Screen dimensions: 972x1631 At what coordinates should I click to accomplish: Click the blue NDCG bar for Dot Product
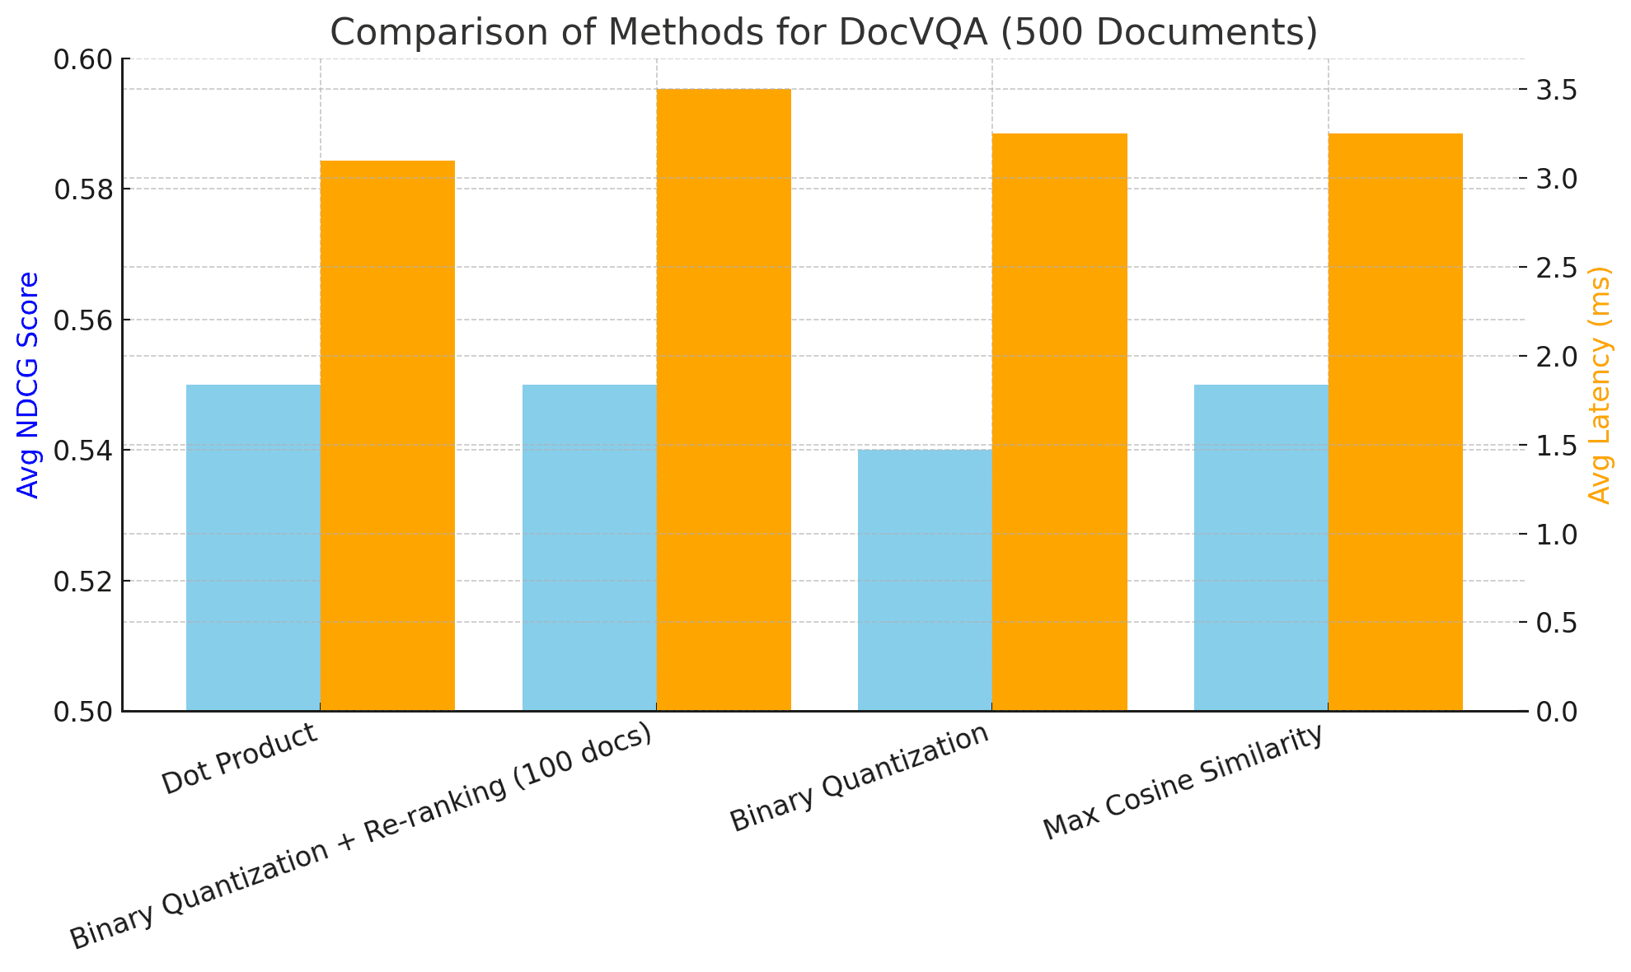tap(253, 548)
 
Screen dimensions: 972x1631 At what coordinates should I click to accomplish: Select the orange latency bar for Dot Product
tap(387, 436)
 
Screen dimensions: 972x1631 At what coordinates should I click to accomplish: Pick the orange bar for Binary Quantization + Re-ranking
tap(724, 400)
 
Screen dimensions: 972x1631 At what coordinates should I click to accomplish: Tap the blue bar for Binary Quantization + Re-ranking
tap(589, 548)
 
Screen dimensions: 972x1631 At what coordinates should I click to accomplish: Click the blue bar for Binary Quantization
tap(925, 580)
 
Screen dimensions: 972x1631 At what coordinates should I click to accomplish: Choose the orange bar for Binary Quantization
tap(1059, 422)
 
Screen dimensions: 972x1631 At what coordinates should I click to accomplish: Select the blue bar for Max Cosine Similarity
tap(1261, 548)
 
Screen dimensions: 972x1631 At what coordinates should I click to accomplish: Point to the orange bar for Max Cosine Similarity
tap(1395, 422)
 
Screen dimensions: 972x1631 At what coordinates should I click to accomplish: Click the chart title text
tap(823, 33)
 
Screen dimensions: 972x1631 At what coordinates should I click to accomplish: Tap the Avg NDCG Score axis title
tap(29, 385)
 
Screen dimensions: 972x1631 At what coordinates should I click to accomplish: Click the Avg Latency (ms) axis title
tap(1599, 385)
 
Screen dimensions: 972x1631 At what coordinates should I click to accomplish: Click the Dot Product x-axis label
tap(240, 759)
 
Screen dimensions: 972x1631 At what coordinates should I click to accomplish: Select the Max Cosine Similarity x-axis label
tap(1183, 783)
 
